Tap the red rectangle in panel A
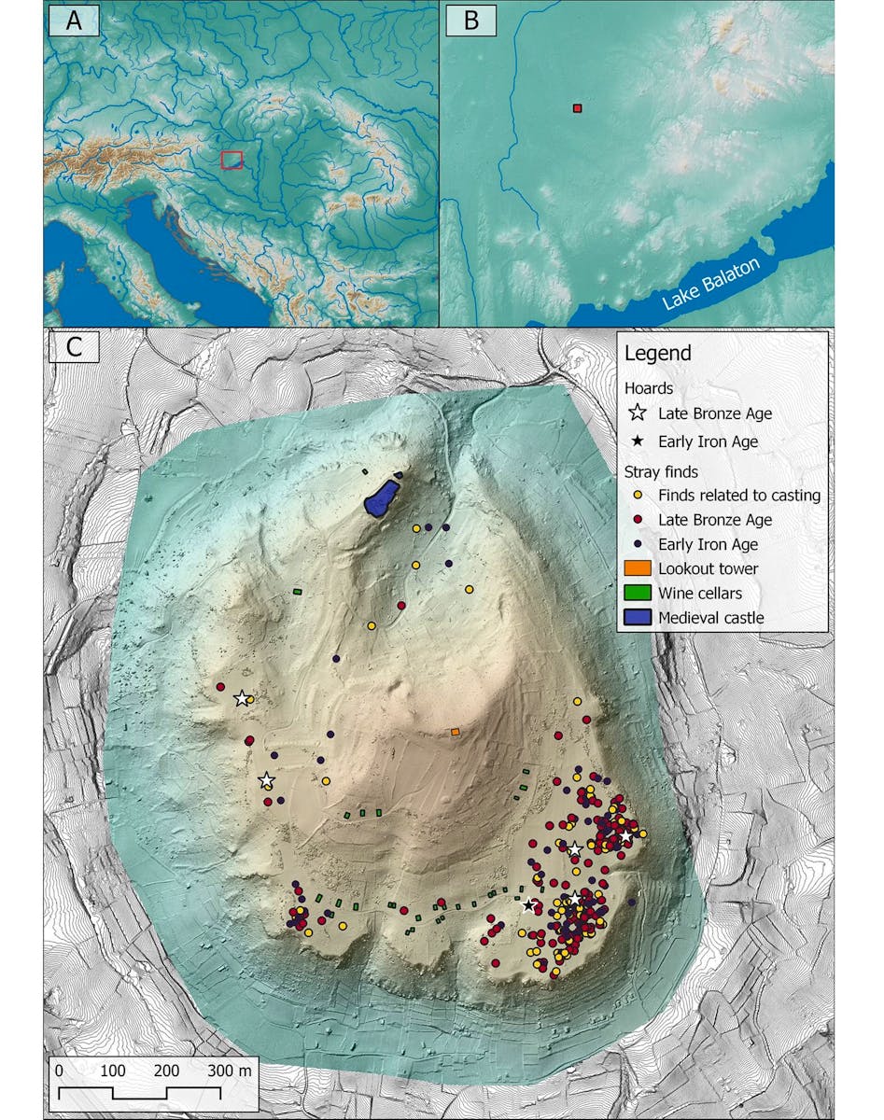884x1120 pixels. (232, 160)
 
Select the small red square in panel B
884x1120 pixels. (577, 109)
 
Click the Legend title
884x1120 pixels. (657, 354)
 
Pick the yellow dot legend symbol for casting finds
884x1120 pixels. (638, 496)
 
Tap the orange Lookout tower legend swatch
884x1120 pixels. (638, 568)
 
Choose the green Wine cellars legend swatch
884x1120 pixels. (638, 593)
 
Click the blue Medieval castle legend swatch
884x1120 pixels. (638, 617)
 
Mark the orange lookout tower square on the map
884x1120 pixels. (455, 733)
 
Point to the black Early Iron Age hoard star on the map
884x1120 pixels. (529, 904)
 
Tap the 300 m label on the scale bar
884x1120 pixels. (230, 1071)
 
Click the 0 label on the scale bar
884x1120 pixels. (59, 1071)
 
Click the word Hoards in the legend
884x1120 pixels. (648, 388)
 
